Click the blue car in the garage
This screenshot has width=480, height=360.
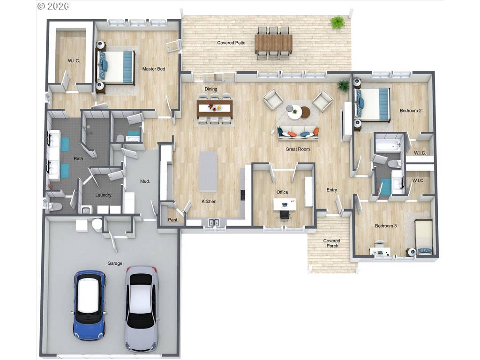tap(90, 305)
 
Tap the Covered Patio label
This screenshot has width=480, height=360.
tap(231, 43)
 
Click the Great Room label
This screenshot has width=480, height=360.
tap(298, 149)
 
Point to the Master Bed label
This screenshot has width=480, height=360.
tap(154, 69)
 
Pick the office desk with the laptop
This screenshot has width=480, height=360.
tap(285, 204)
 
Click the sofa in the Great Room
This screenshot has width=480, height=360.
tap(298, 133)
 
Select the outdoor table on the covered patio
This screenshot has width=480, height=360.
tap(273, 43)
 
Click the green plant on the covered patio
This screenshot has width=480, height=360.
tap(337, 22)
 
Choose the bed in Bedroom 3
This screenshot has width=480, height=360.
tap(423, 237)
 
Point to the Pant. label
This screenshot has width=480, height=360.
tap(173, 220)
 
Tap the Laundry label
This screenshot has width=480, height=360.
tap(103, 195)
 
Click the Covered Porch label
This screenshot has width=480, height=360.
tap(332, 243)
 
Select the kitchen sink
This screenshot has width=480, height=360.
tap(214, 223)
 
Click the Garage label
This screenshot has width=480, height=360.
tap(115, 263)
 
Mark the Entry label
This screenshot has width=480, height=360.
tap(331, 190)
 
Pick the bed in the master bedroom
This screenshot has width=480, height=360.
tap(116, 67)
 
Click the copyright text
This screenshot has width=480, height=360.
tap(53, 6)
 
